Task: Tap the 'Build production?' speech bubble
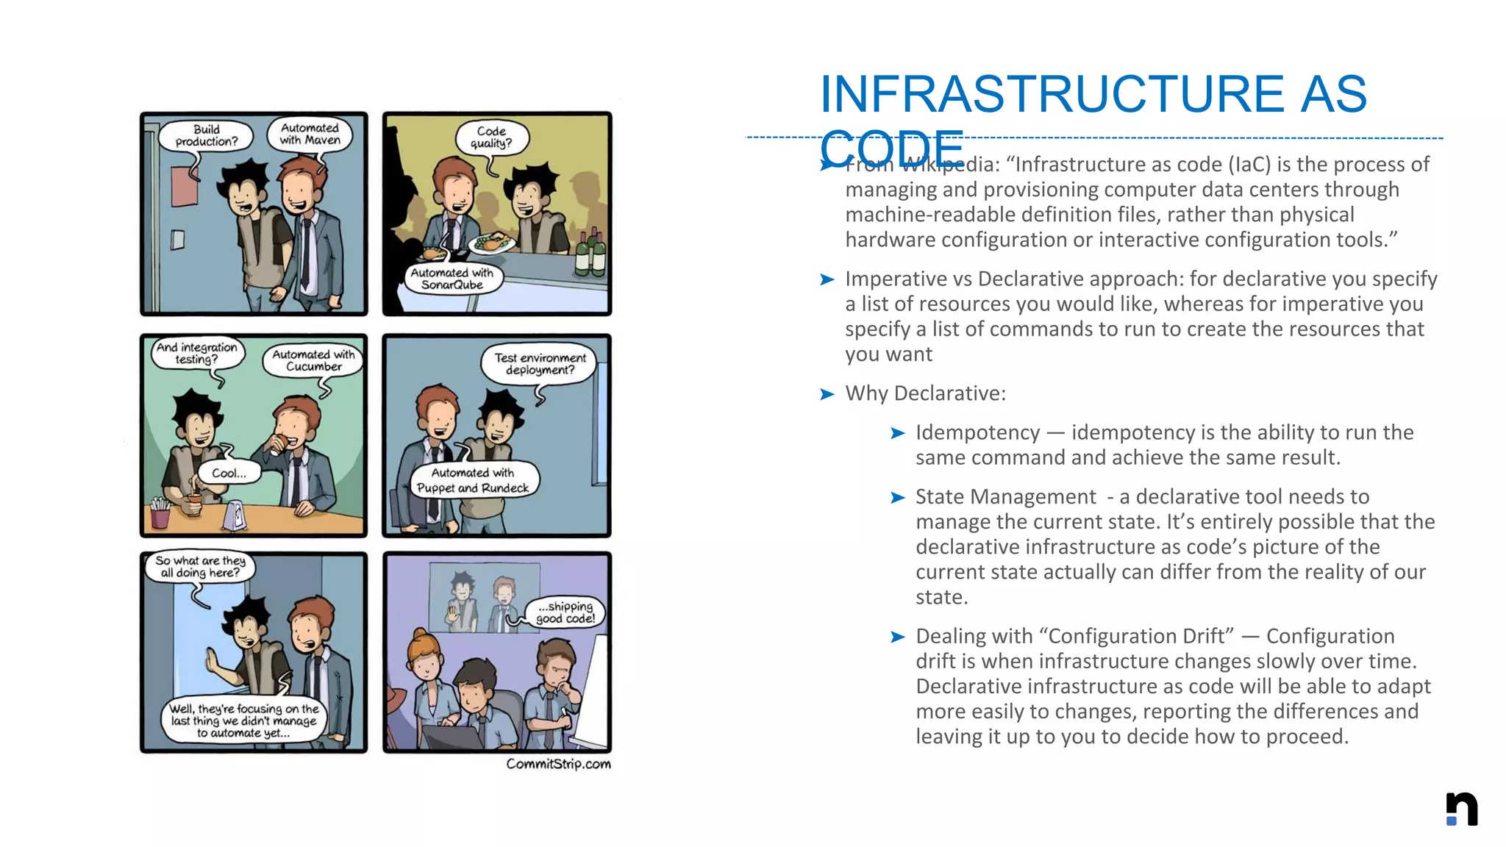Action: point(207,136)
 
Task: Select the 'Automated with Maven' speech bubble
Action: point(310,135)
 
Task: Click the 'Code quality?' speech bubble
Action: point(491,137)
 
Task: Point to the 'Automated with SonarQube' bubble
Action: point(452,279)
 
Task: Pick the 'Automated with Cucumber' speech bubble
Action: point(314,360)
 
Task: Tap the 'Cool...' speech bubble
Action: point(229,473)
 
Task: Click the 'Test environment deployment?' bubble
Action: point(540,364)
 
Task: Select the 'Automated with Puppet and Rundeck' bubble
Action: point(473,480)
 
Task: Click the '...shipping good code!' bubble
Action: point(565,612)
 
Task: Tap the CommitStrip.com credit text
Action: point(558,764)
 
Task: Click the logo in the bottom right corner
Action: point(1462,809)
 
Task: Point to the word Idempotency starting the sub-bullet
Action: point(977,432)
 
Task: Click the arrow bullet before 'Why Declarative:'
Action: point(827,394)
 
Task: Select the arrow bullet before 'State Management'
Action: point(897,498)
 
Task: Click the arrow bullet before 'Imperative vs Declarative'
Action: point(827,279)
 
